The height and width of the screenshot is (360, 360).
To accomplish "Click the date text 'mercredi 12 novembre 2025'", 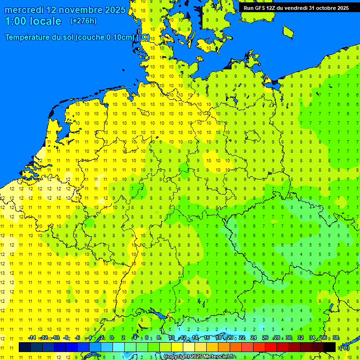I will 65,10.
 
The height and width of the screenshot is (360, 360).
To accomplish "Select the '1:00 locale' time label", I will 33,21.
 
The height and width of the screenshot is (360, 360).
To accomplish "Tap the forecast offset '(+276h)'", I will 83,21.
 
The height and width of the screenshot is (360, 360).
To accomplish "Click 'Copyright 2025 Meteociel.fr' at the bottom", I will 199,357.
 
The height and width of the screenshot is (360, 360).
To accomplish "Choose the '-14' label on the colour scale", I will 32,337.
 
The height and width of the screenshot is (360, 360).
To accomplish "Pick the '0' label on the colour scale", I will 112,337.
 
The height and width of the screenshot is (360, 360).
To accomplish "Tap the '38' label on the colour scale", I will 336,337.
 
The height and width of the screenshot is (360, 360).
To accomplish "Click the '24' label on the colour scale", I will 254,337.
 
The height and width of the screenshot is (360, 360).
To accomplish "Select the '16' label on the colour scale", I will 206,337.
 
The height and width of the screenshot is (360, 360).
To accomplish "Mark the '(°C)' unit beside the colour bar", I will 344,348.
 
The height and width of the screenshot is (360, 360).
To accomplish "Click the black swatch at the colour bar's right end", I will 330,347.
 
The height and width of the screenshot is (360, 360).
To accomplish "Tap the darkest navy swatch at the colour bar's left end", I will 25,347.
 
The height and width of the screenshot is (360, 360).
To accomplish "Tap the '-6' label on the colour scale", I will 77,337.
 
